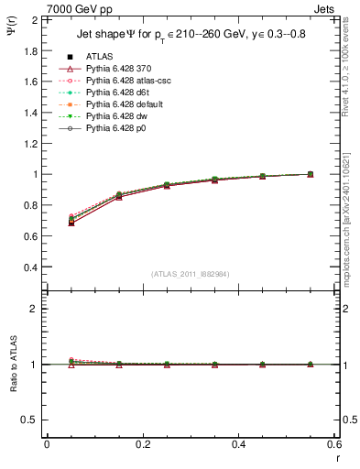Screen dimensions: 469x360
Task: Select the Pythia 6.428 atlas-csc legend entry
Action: tap(127, 81)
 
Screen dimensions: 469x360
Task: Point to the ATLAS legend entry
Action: tap(99, 57)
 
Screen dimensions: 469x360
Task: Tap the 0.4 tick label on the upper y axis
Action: tap(30, 267)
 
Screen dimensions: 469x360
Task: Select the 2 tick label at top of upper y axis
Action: tap(35, 19)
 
